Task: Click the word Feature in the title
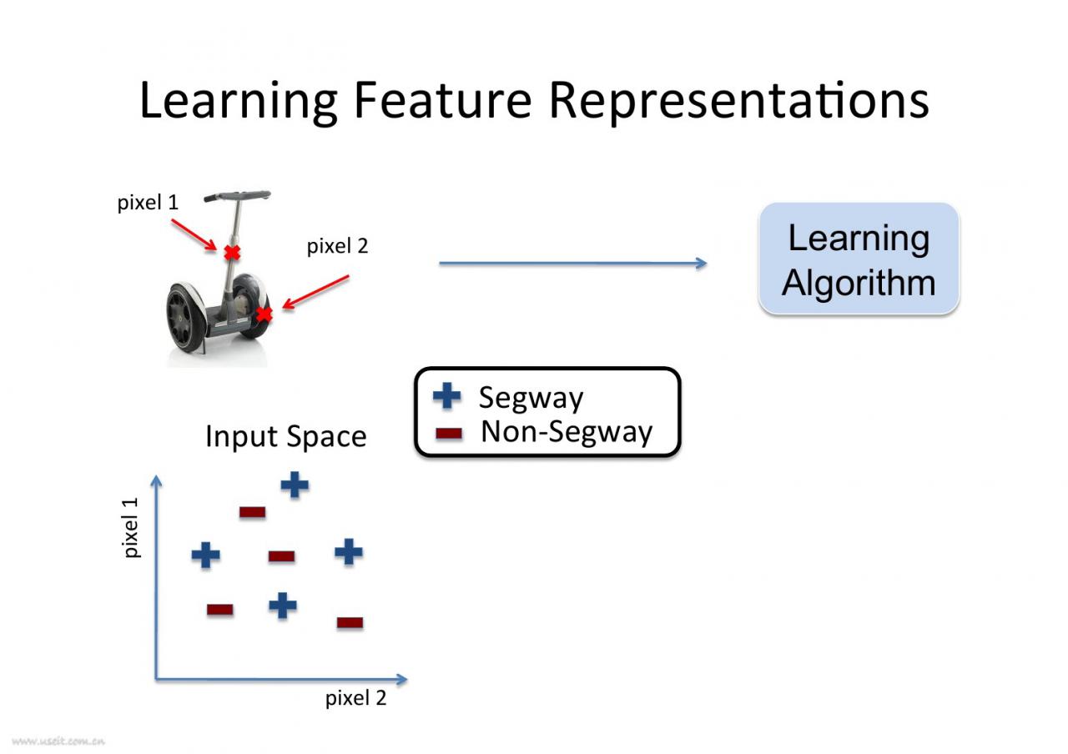tap(442, 100)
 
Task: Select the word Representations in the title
tap(738, 100)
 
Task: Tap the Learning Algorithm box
tap(859, 259)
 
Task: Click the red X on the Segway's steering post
tap(232, 252)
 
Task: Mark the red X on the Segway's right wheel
tap(264, 314)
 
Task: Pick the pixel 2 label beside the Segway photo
tap(337, 246)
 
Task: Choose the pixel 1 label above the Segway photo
tap(148, 203)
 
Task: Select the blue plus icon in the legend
tap(447, 396)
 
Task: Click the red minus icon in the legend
tap(449, 434)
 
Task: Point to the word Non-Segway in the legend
tap(567, 432)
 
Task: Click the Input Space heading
tap(285, 436)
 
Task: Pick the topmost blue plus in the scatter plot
tap(295, 485)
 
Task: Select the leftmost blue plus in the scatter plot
tap(206, 555)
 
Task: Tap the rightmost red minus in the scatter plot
tap(350, 622)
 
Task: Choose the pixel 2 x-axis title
tap(356, 698)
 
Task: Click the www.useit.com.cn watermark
tap(58, 740)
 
